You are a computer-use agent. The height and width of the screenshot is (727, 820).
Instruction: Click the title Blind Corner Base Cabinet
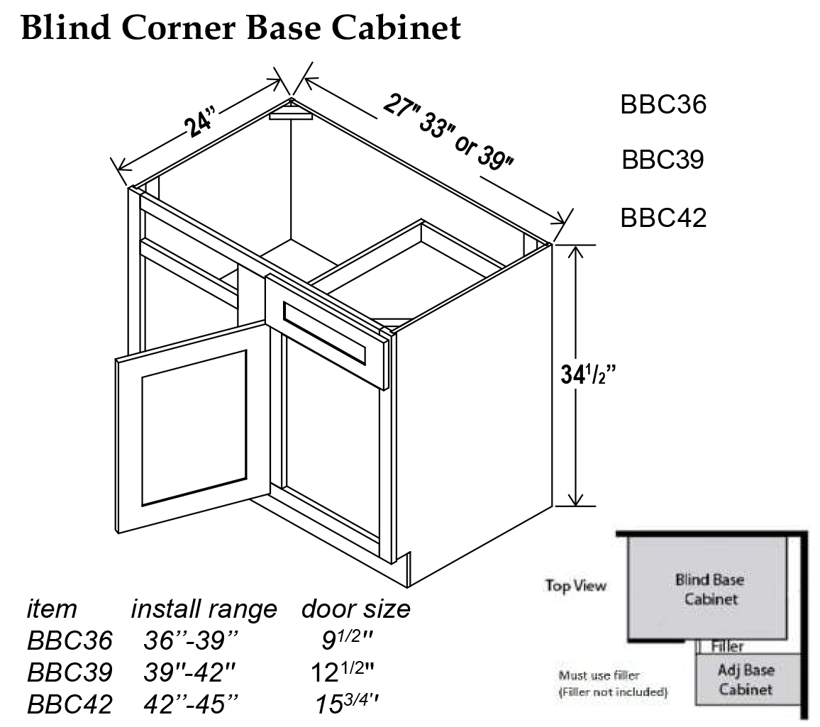click(x=241, y=28)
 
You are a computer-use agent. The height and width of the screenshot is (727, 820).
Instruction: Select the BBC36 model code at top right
click(x=663, y=104)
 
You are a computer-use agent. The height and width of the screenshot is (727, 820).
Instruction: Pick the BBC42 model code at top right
click(x=663, y=217)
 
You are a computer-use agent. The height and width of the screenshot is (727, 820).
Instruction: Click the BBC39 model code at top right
click(x=663, y=160)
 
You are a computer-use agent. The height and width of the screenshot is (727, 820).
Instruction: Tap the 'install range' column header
click(x=204, y=609)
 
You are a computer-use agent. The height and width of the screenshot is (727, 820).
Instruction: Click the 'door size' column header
click(x=356, y=609)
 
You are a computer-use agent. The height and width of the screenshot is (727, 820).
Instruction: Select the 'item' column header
click(x=52, y=609)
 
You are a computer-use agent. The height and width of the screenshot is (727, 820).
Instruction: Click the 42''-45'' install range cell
click(x=189, y=704)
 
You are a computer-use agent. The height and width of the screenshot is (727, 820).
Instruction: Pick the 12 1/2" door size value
click(x=343, y=672)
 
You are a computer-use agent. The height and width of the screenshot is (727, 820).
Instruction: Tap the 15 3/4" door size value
click(x=347, y=704)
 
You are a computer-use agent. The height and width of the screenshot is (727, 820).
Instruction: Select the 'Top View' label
click(x=575, y=586)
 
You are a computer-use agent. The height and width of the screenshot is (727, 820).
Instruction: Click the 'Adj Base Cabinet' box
click(x=745, y=679)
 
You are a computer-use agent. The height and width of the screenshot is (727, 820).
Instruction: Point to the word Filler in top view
click(x=727, y=647)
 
